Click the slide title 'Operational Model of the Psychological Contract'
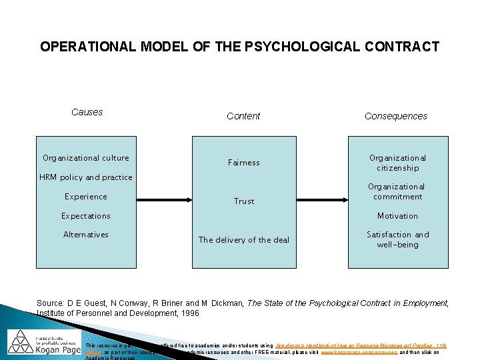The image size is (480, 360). (239, 47)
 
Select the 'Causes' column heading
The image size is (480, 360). (87, 112)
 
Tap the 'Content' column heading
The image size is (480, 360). (243, 116)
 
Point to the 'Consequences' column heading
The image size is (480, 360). (396, 116)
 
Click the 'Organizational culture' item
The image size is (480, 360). (86, 158)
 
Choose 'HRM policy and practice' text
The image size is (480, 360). (86, 177)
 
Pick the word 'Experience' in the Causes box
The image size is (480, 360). (86, 197)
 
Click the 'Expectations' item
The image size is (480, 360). (86, 216)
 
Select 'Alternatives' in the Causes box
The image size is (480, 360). (86, 235)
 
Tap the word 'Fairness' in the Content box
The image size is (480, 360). (244, 163)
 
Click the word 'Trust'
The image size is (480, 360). (244, 201)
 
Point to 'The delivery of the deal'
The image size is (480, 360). (244, 240)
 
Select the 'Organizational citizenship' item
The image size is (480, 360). (398, 163)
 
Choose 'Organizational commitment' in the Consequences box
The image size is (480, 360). (398, 191)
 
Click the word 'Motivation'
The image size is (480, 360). (398, 216)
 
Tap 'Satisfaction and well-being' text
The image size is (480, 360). (398, 239)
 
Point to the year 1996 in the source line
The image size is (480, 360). (188, 313)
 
